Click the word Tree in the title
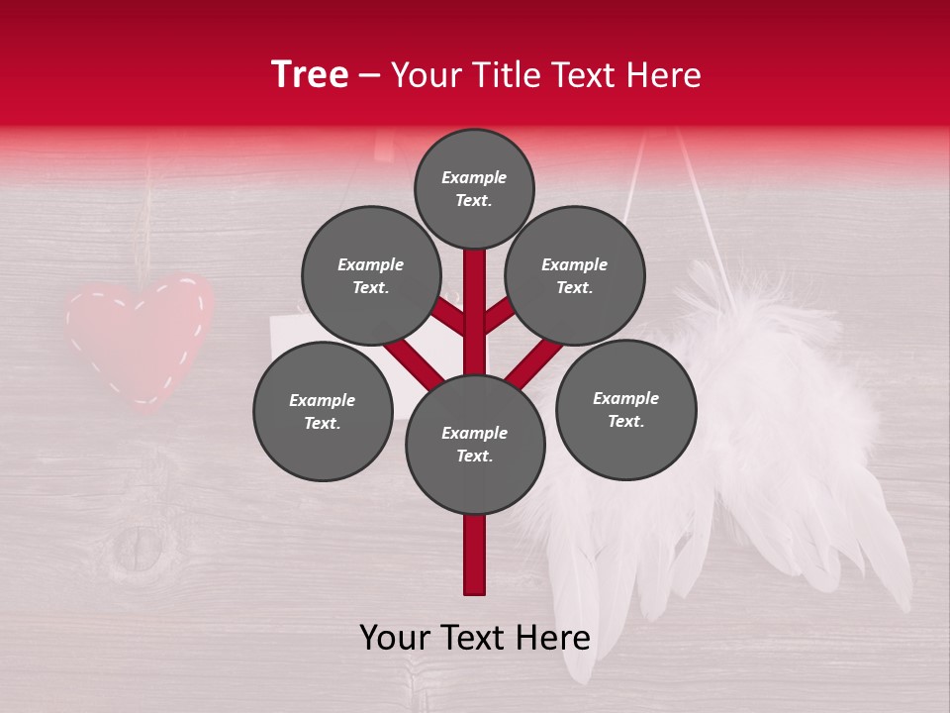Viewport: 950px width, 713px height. (310, 75)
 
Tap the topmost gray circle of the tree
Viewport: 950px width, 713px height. (474, 188)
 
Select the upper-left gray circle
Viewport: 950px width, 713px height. (371, 275)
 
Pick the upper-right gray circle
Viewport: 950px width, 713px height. (575, 275)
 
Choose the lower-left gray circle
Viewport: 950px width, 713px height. (323, 411)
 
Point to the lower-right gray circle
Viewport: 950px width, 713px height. (626, 409)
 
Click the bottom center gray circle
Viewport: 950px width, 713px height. (475, 445)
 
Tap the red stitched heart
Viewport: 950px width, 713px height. (139, 339)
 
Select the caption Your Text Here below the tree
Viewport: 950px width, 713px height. (475, 639)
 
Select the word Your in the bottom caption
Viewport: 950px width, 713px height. (395, 639)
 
